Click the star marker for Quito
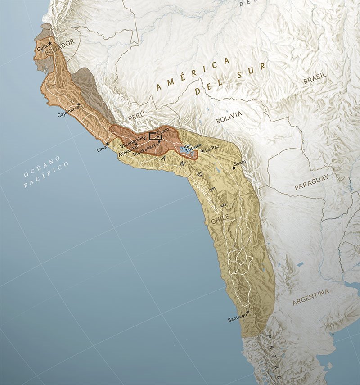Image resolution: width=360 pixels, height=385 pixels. (50, 43)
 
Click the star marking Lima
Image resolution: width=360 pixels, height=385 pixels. (107, 144)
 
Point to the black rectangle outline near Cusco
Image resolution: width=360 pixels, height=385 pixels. (156, 137)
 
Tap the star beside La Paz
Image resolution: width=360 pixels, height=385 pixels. (202, 150)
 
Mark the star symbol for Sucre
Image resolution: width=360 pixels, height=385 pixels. (233, 168)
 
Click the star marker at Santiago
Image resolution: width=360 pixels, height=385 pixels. (248, 312)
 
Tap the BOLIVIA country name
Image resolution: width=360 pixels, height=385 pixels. (229, 117)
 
